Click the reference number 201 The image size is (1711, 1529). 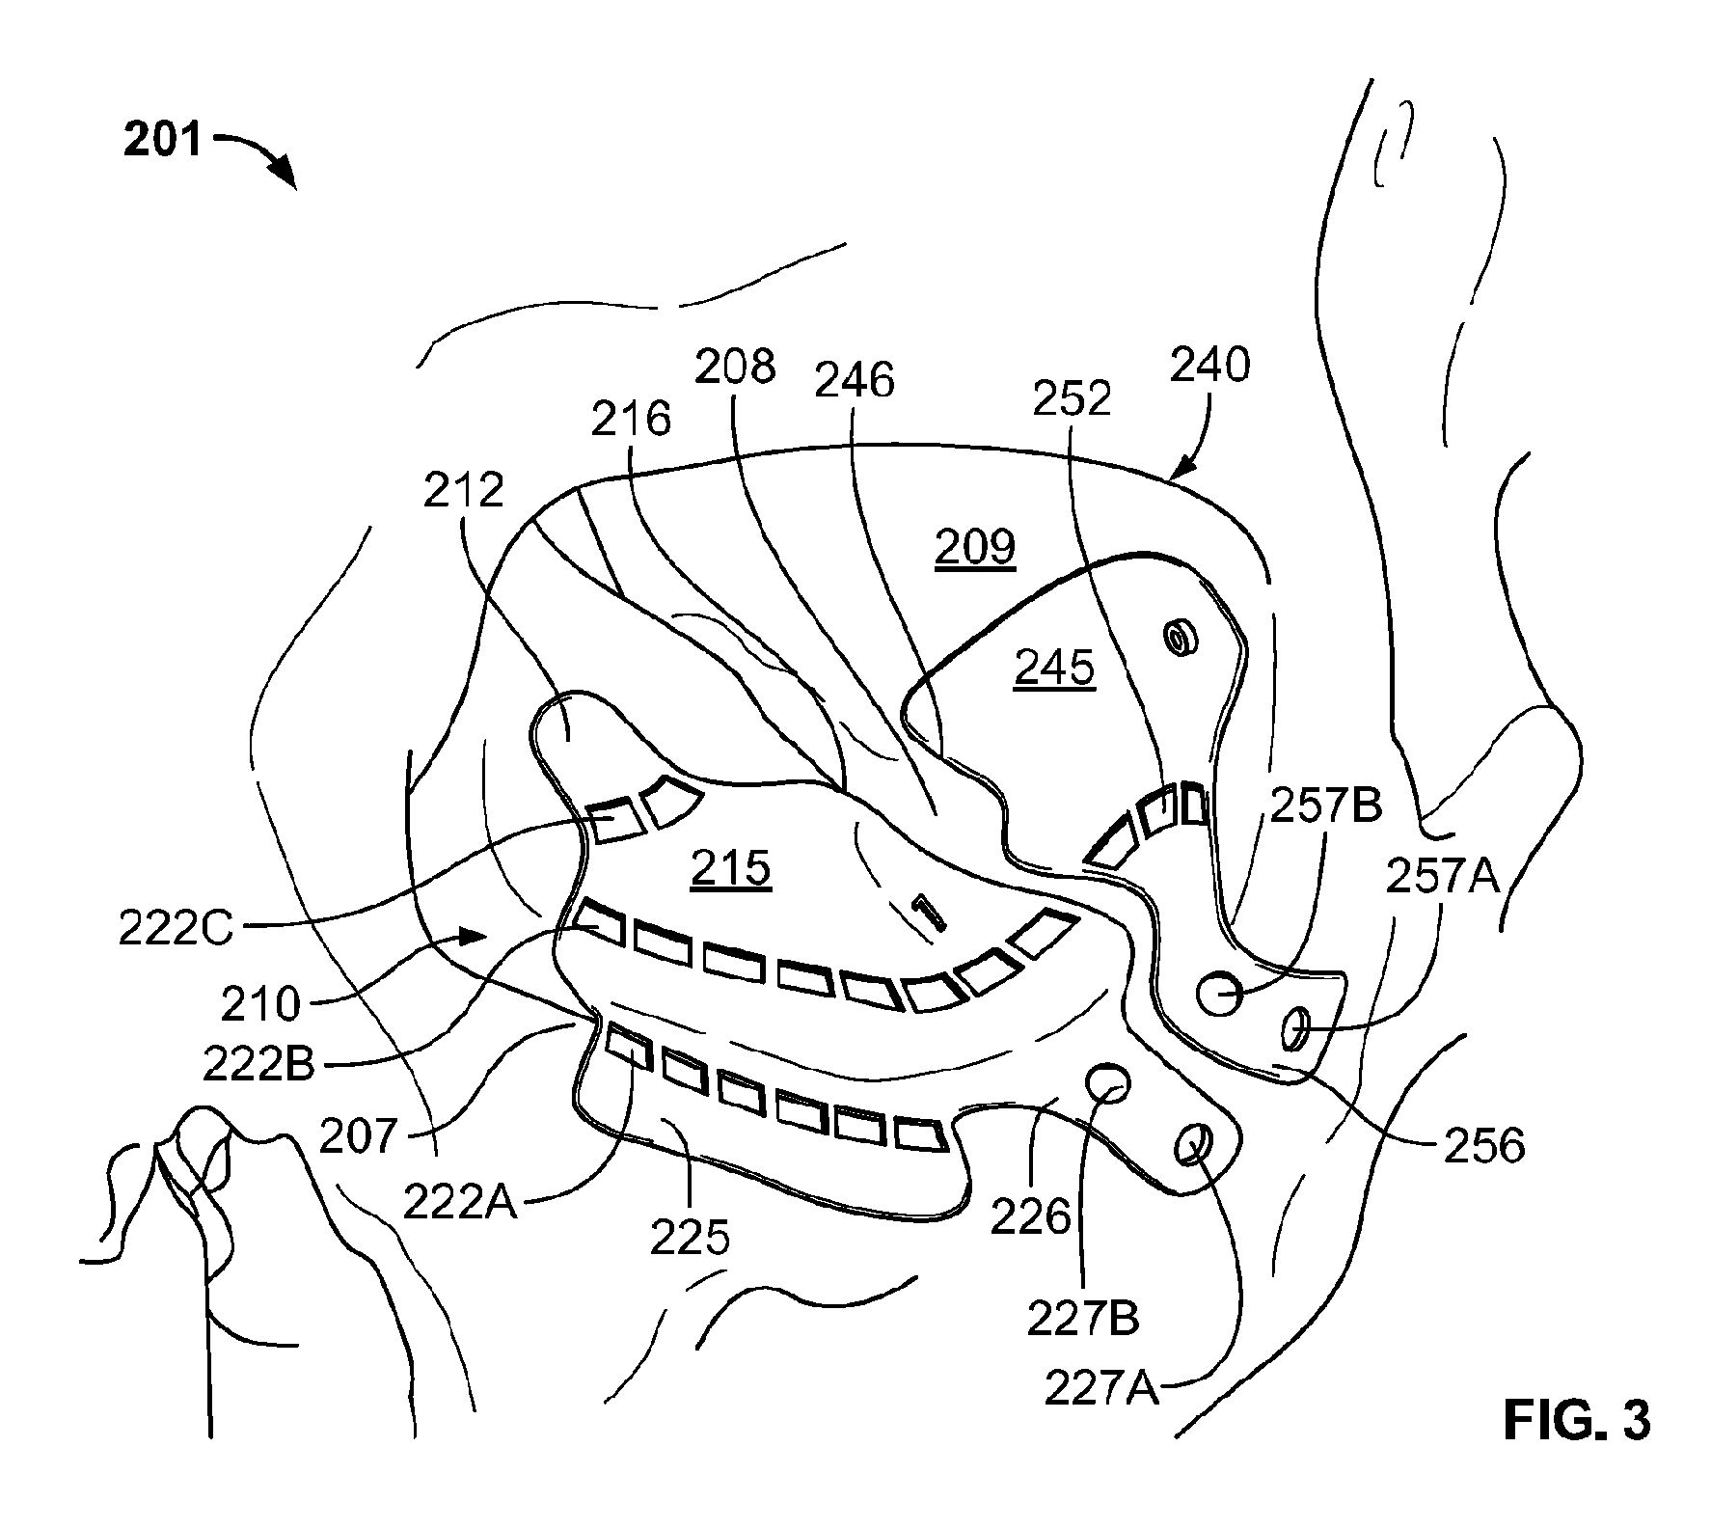tap(163, 141)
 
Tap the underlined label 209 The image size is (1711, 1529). tap(976, 548)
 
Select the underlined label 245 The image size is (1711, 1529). tap(1054, 667)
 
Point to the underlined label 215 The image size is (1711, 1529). tap(731, 867)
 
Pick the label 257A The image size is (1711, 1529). tap(1444, 876)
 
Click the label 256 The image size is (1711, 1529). tap(1484, 1145)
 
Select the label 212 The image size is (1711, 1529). tap(464, 491)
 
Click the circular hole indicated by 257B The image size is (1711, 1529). tap(1220, 993)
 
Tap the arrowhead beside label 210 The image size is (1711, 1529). tap(472, 935)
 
